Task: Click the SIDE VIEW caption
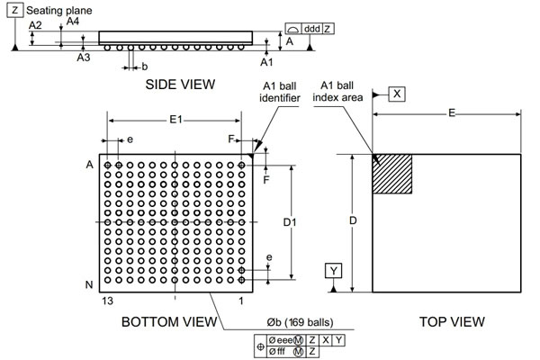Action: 180,85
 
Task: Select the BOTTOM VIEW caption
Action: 168,321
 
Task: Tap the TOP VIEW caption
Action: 452,321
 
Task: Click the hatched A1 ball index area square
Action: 392,171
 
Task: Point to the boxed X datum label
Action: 398,94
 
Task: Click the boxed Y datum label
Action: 334,271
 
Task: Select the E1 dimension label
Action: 175,118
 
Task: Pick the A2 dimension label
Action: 35,26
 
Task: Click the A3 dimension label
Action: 83,57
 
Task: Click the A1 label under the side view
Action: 266,62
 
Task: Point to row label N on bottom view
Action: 89,285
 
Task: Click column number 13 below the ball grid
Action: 107,301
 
